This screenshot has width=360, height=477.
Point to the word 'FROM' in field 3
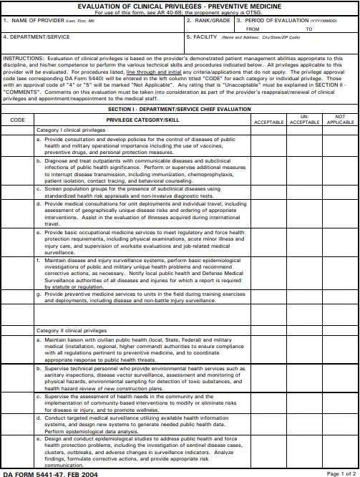tap(253, 29)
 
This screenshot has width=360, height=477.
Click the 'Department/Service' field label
tap(32, 35)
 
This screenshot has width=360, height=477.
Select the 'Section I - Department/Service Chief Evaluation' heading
tap(179, 109)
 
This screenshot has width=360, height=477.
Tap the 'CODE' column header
tap(17, 120)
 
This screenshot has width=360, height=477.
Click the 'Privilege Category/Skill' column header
tap(142, 120)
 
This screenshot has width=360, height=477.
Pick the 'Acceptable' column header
tap(269, 122)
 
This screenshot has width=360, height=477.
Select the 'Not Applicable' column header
tap(340, 120)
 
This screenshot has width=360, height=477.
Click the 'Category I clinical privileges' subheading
tap(72, 130)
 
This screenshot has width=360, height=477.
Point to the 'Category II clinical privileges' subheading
tap(72, 330)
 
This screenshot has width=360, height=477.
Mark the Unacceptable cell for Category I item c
tap(304, 193)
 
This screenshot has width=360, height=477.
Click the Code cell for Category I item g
tap(17, 297)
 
